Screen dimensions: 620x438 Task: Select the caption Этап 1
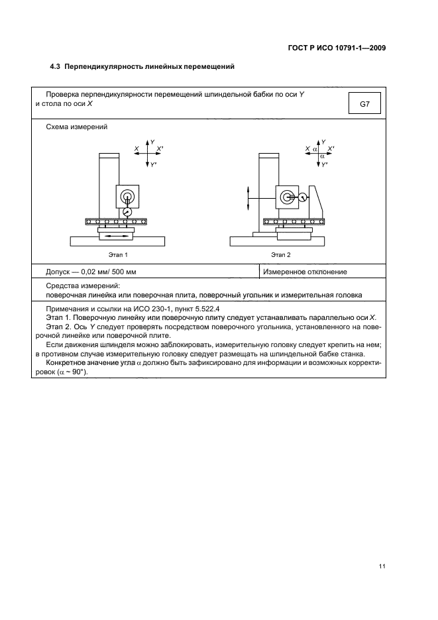[117, 254]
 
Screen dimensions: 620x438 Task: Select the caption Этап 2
[280, 254]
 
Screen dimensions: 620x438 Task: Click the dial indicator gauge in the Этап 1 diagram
[127, 211]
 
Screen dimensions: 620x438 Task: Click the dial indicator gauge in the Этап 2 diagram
[303, 197]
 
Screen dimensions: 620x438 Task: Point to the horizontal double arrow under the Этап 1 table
[117, 235]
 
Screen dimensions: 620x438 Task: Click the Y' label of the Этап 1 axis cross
[154, 164]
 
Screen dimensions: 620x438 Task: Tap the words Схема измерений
[77, 127]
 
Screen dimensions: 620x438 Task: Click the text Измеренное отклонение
[305, 272]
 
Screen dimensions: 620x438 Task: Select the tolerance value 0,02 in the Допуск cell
[90, 272]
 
